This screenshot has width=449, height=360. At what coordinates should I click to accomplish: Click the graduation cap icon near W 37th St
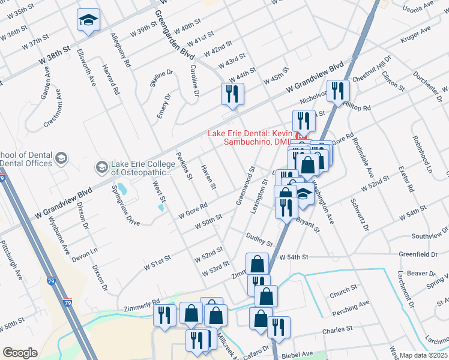(88, 21)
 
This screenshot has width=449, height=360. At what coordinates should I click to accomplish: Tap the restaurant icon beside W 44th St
(231, 94)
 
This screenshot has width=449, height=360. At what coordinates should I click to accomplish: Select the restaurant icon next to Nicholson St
(337, 91)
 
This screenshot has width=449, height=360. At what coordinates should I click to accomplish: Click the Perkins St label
(183, 166)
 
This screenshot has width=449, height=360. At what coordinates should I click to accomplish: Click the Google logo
(20, 353)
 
